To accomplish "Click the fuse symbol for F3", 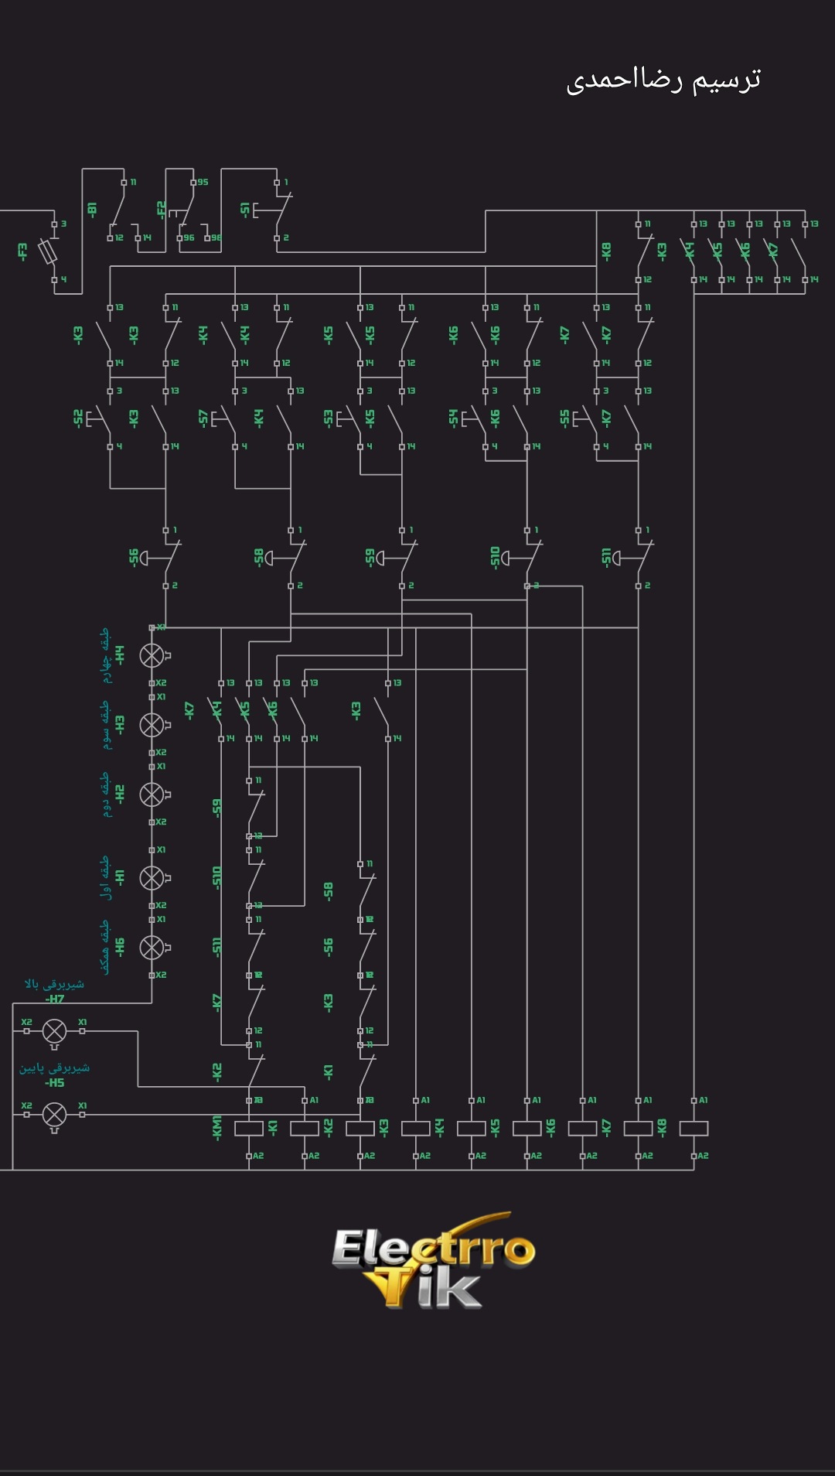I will [53, 251].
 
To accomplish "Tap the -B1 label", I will [92, 210].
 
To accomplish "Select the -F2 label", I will [161, 209].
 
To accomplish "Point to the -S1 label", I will [245, 210].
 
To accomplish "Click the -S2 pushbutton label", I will [78, 418].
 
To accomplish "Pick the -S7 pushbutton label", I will [203, 418].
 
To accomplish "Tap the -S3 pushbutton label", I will [328, 418].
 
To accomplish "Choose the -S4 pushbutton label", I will [453, 418].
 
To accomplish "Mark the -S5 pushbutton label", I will [564, 418].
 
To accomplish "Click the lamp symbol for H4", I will [152, 655].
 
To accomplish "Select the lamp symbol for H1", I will [152, 877].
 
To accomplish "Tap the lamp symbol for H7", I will [54, 1031].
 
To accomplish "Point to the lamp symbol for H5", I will [54, 1115].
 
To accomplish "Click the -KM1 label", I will [216, 1126].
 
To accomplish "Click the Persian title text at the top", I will [663, 80].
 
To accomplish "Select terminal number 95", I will [203, 183].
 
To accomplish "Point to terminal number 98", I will [216, 237].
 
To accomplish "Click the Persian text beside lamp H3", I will [105, 725].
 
